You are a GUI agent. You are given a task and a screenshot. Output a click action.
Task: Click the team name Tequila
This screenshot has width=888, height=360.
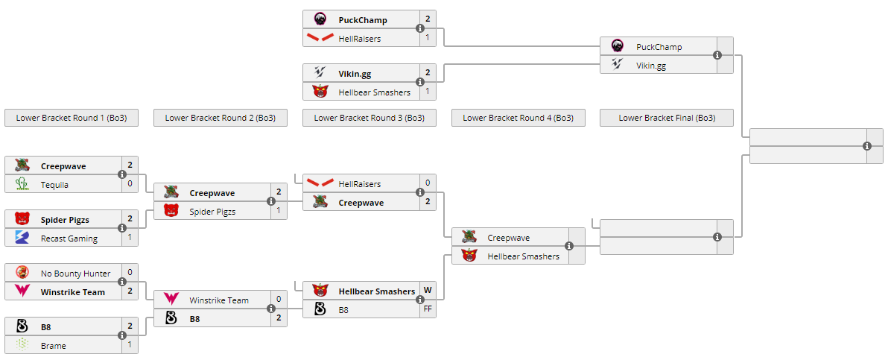point(54,185)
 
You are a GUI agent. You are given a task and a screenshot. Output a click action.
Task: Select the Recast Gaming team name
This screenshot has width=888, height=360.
point(69,239)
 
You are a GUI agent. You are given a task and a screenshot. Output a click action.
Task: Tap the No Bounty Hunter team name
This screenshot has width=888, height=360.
point(75,274)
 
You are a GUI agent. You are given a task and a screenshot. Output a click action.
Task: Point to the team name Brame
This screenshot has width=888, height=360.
point(54,346)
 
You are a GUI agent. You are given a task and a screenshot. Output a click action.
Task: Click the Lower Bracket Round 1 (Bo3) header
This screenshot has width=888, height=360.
point(72,118)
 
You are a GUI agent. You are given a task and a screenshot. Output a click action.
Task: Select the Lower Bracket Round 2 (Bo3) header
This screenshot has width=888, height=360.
point(221,118)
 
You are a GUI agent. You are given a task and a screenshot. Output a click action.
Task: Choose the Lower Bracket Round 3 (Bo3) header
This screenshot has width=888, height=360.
point(370,118)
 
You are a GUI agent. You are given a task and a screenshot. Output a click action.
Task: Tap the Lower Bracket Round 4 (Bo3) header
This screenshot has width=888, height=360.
point(518,118)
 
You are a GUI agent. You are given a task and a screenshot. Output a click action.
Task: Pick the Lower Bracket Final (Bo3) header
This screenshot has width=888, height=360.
point(667,118)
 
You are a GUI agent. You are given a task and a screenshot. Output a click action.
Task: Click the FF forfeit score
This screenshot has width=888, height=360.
point(428,309)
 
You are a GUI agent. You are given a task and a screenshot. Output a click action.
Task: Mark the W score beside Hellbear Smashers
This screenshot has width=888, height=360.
point(428,291)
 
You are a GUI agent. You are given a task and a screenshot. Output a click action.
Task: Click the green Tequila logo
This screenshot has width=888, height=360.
point(22,184)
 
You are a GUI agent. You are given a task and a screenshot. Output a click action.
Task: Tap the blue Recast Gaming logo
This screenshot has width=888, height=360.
point(22,238)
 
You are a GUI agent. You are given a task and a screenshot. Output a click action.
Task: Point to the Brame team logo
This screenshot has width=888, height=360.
point(22,345)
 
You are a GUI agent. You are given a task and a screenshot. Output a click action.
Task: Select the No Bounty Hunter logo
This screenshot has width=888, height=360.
point(22,273)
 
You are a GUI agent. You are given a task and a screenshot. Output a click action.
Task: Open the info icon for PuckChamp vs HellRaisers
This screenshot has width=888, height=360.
point(420,29)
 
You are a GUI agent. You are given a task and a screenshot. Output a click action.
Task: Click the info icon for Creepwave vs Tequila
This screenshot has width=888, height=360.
point(122,174)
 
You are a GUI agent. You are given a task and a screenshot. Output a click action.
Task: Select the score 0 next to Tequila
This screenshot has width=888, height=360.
point(130,184)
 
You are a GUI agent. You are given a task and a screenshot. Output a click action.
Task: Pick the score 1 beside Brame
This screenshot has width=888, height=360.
point(130,345)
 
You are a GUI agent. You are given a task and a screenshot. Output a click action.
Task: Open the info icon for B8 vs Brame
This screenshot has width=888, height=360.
point(122,335)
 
